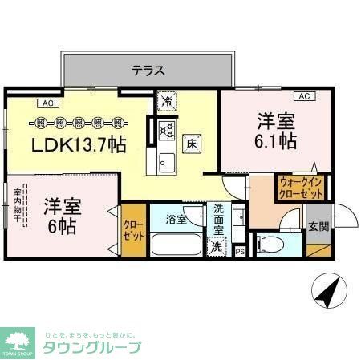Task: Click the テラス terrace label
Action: click(148, 71)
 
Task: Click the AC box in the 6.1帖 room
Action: click(303, 97)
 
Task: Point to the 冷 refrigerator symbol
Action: click(167, 102)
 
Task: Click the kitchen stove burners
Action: click(166, 128)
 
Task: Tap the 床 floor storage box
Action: click(193, 144)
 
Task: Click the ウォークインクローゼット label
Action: click(299, 188)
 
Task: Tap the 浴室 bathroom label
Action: click(176, 218)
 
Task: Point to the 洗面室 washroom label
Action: click(219, 220)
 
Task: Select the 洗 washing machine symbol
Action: click(217, 248)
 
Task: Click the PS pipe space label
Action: click(240, 252)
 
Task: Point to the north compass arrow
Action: click(327, 292)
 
